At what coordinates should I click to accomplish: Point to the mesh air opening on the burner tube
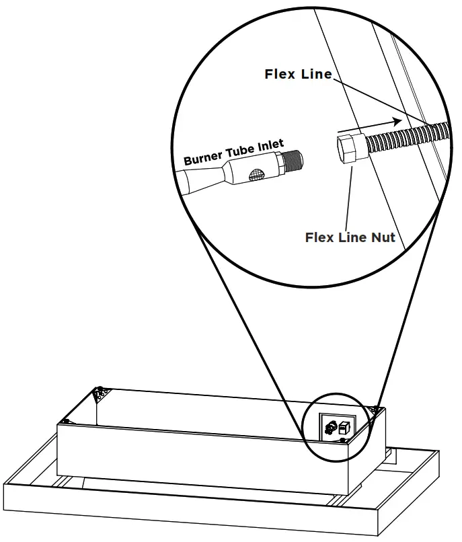pos(256,175)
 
